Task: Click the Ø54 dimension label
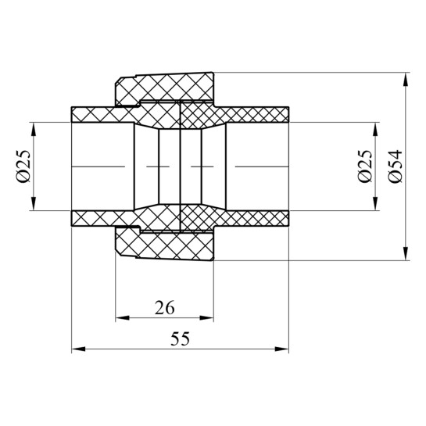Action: click(x=396, y=166)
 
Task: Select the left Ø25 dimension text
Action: click(x=23, y=166)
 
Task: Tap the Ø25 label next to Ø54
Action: click(x=365, y=166)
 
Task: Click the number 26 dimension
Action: click(x=164, y=307)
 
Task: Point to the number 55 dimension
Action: click(x=180, y=338)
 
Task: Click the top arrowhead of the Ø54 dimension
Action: click(x=406, y=80)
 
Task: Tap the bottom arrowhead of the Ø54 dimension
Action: click(x=406, y=253)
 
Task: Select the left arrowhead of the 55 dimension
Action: click(x=78, y=349)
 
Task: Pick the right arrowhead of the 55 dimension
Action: click(x=281, y=349)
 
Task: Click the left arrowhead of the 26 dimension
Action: click(x=123, y=318)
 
